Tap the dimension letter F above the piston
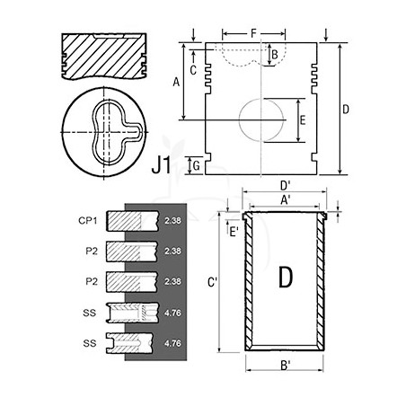tap(253, 33)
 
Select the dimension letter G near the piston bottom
tap(197, 165)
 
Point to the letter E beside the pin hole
tap(303, 120)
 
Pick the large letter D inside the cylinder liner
tap(286, 277)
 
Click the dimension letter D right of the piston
tap(346, 110)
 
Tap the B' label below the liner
tap(286, 366)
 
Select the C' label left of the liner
tap(212, 282)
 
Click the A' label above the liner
tap(286, 200)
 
